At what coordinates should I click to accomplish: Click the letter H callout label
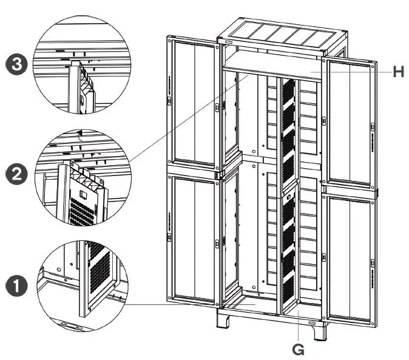398,72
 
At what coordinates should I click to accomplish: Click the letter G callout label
298,350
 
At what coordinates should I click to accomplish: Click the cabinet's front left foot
223,322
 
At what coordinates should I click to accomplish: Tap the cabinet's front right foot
314,331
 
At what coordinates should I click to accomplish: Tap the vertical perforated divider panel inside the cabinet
288,194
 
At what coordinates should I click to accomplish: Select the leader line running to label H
352,71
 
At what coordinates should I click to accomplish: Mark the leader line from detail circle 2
188,118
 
